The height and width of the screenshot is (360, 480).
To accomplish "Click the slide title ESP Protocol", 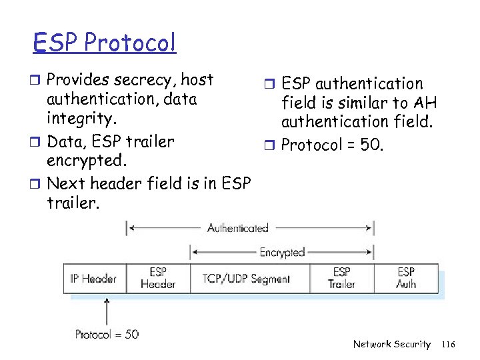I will coord(105,43).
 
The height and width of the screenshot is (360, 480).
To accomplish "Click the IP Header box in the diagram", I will coord(94,279).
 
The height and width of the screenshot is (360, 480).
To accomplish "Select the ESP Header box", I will coord(158,278).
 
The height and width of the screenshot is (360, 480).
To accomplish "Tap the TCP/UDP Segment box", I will coord(246,279).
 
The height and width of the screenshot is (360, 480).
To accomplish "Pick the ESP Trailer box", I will coord(341,278).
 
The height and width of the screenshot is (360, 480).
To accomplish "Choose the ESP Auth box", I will coord(406,278).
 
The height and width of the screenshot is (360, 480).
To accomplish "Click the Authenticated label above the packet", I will coord(237,228).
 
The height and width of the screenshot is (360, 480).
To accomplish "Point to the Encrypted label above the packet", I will coord(281,253).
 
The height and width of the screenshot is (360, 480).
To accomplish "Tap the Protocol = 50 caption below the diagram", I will coord(107,334).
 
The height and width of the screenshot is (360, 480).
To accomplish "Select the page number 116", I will coord(448,344).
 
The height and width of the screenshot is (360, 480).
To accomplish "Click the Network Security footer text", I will coord(392,344).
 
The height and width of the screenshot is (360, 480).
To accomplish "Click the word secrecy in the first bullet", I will coord(141,80).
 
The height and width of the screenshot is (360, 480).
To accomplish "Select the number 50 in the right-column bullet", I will coord(371,145).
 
